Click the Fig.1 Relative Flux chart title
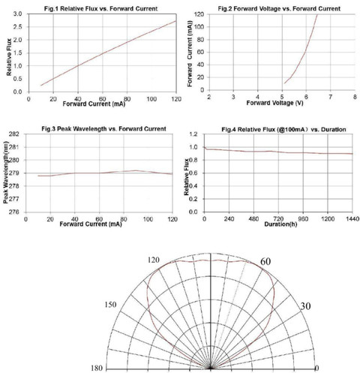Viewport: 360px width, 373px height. click(100, 9)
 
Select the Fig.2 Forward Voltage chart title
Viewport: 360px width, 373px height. click(279, 9)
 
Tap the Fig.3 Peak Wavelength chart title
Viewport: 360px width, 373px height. click(103, 129)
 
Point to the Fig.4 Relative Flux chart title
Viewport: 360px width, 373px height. click(283, 130)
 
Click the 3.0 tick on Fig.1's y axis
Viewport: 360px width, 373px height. click(17, 14)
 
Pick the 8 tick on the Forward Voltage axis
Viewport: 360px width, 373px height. click(355, 97)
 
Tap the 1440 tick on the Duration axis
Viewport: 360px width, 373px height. click(352, 219)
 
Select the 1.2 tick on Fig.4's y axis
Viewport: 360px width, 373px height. click(193, 134)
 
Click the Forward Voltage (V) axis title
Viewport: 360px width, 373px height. click(274, 103)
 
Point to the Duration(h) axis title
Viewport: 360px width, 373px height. click(280, 224)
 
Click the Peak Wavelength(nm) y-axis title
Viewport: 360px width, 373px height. click(6, 173)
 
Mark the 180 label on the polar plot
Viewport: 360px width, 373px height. click(97, 368)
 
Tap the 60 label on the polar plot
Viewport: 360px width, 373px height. click(265, 262)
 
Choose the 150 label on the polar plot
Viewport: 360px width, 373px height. click(110, 305)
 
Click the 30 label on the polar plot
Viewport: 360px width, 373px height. click(305, 306)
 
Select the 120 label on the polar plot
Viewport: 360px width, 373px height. click(153, 260)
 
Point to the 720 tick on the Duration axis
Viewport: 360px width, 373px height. click(278, 219)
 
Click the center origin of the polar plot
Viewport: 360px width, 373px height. click(211, 368)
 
